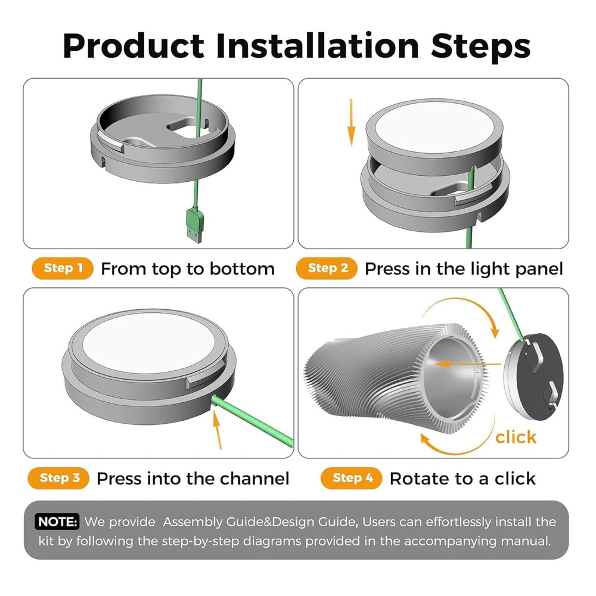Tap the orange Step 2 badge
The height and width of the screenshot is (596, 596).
327,268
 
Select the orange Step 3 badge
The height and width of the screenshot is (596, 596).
58,477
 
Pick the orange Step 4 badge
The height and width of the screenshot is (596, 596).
352,477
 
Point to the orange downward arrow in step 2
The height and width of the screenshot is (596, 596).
352,122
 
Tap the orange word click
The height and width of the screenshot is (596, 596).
516,437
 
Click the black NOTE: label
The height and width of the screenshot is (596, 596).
57,522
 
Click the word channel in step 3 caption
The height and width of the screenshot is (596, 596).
254,478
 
